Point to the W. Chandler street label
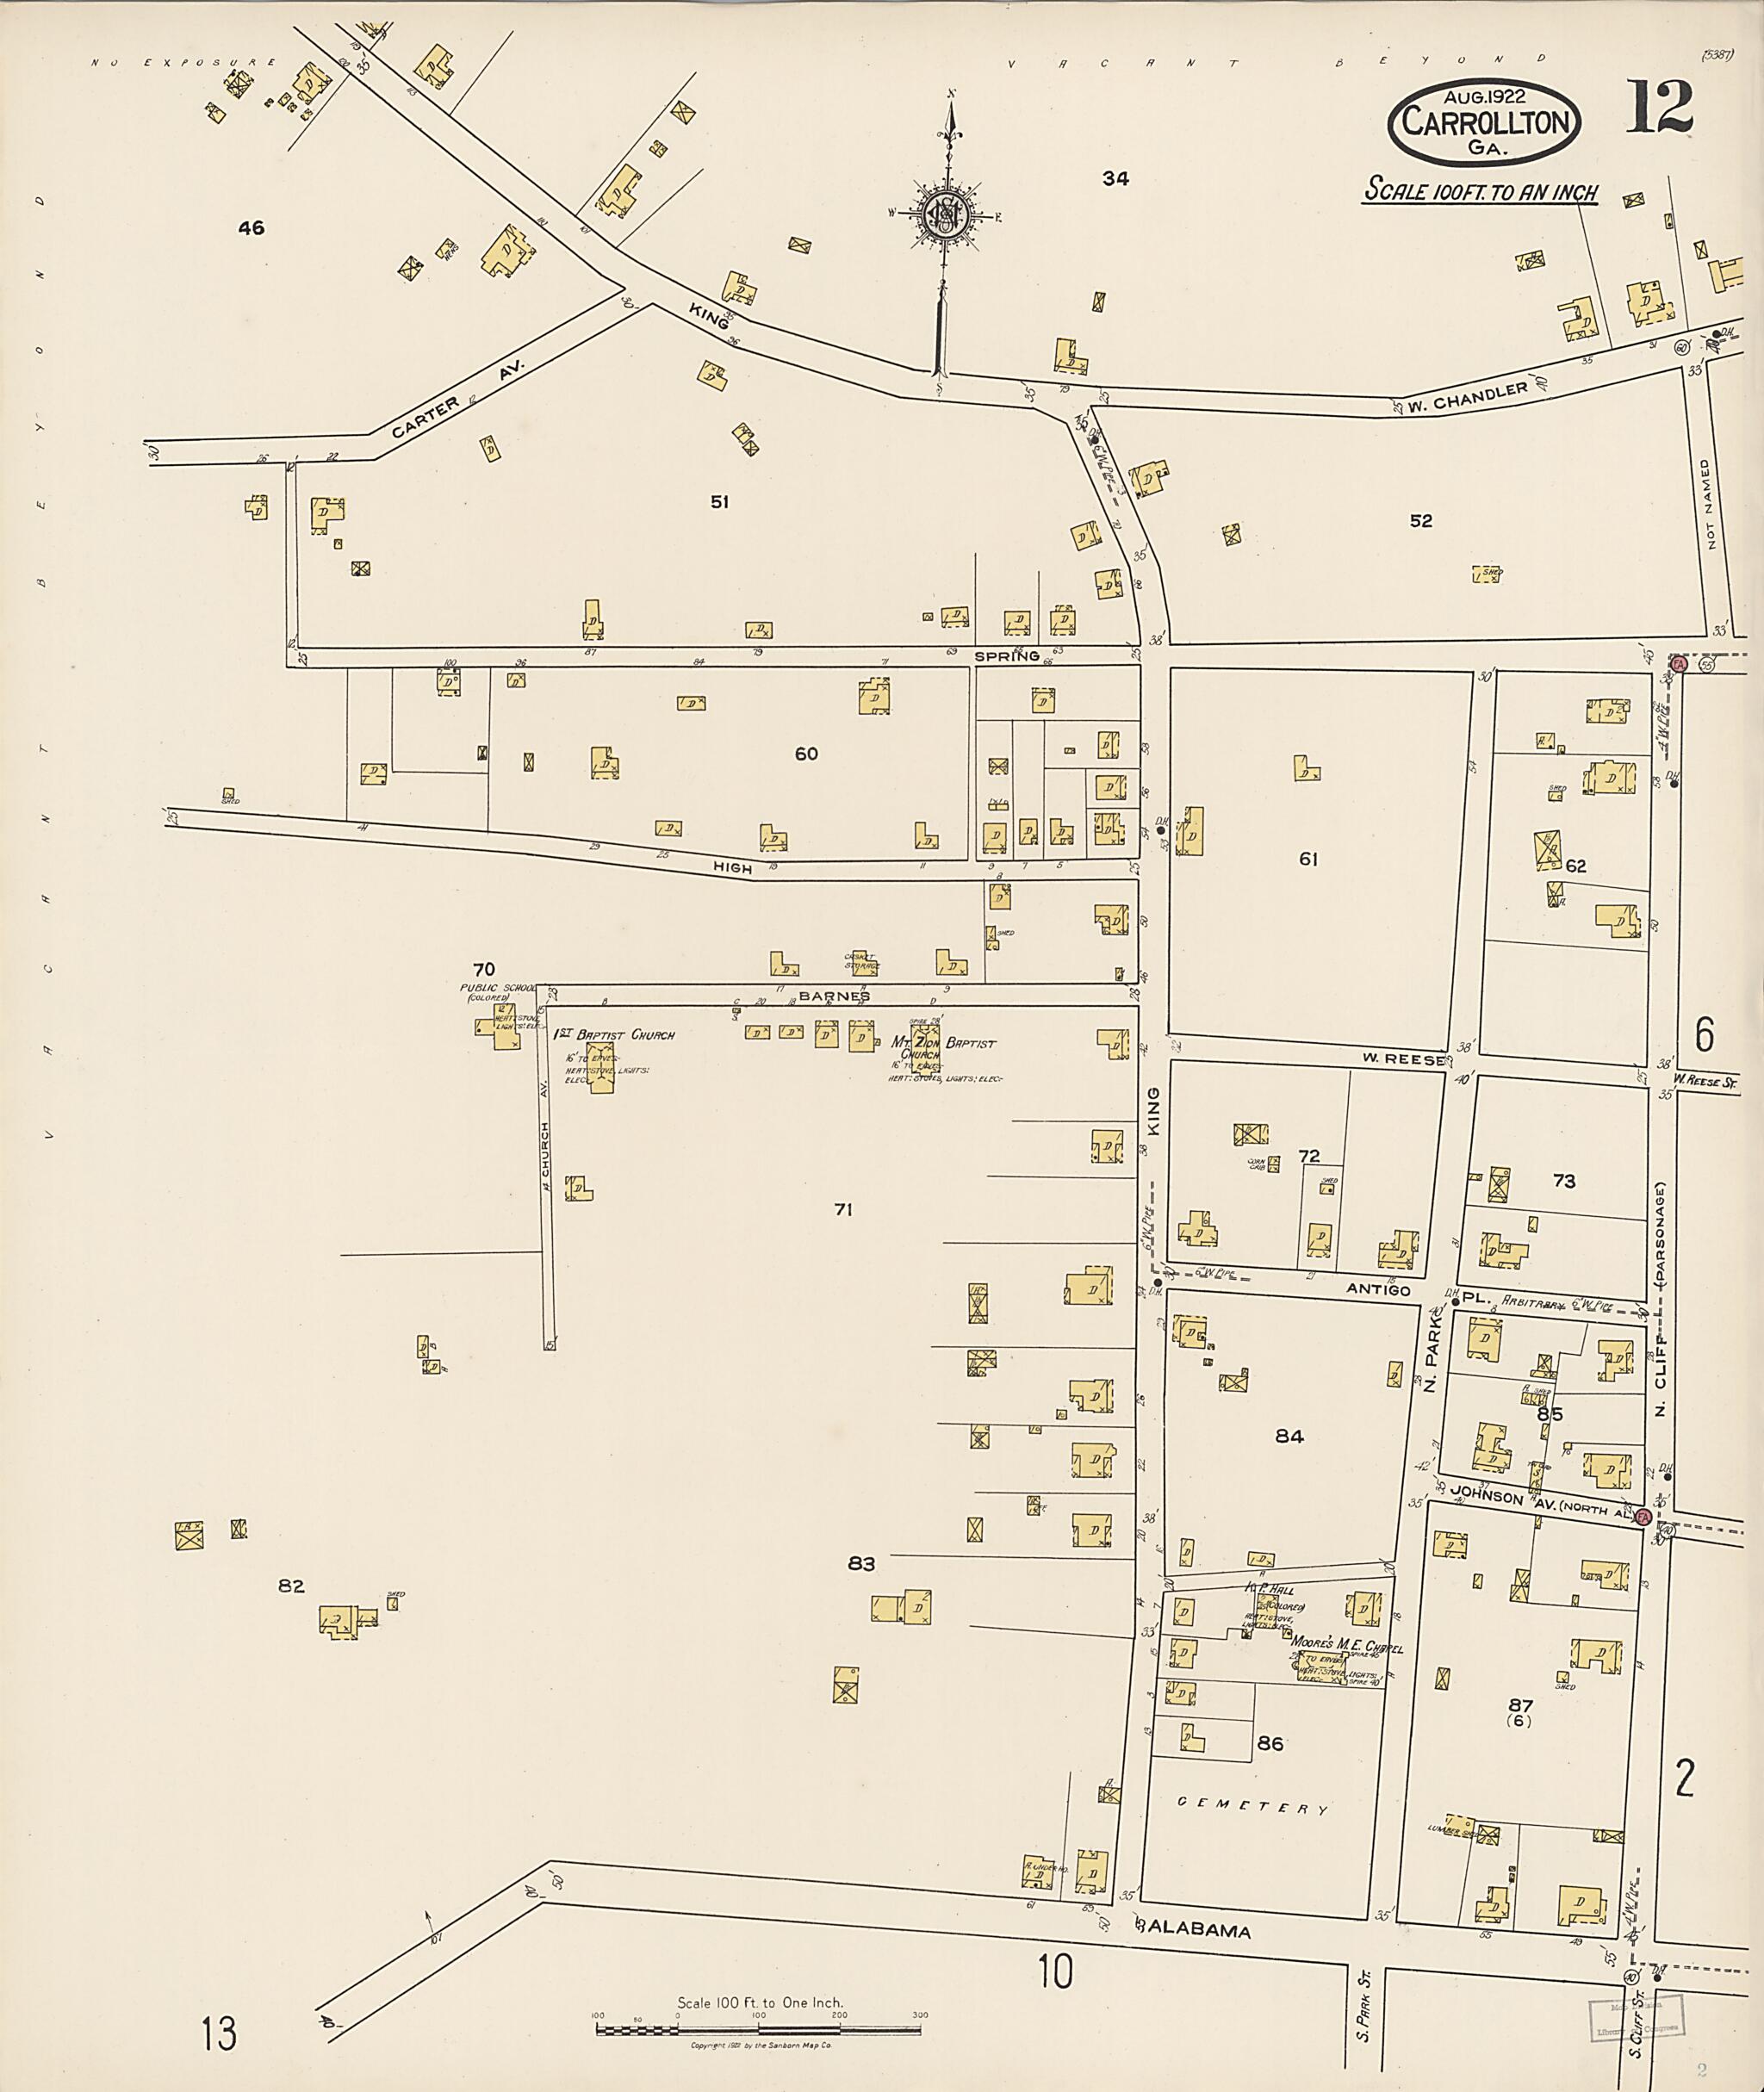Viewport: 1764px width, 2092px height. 1468,397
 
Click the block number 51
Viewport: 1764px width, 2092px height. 719,502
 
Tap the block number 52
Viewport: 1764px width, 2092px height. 1420,521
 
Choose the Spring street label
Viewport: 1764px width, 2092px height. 1007,656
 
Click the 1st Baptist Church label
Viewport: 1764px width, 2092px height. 614,1035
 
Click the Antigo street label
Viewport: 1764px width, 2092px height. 1377,1289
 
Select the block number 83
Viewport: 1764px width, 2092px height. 861,1564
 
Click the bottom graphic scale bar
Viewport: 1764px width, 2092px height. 759,2030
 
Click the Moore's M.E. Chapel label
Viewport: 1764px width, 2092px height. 1346,1647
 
